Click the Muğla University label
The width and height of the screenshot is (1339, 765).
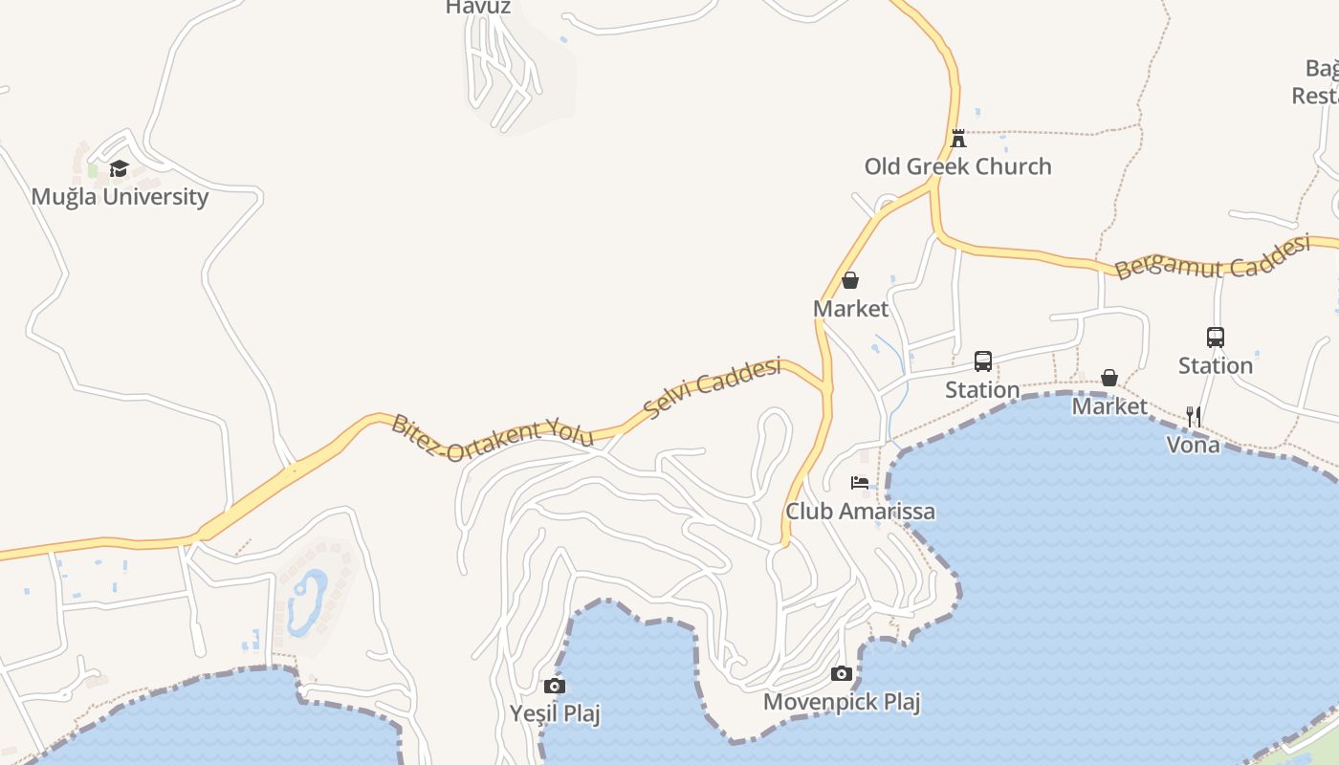coord(120,197)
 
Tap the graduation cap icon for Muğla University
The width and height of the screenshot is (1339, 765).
coord(119,169)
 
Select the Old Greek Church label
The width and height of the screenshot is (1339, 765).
coord(957,166)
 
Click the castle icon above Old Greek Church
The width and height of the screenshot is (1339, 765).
coord(958,138)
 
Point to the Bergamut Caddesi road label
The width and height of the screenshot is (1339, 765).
coord(1212,256)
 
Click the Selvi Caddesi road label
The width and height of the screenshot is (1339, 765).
coord(713,387)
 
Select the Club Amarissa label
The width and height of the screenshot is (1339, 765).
coord(860,512)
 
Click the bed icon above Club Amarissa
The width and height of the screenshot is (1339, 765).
coord(860,483)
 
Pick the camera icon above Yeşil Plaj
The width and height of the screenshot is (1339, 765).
coord(554,686)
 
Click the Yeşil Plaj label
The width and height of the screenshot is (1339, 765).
coord(555,713)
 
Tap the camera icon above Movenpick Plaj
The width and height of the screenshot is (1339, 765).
coord(842,674)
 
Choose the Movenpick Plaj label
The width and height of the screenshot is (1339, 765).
coord(842,703)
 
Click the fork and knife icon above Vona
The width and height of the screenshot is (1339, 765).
coord(1194,416)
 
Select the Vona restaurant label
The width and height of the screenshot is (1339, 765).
coord(1193,444)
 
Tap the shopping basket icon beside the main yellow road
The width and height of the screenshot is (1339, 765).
coord(849,280)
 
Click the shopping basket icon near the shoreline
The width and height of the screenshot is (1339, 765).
coord(1109,378)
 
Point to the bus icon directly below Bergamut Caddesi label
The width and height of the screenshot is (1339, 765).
coord(1216,338)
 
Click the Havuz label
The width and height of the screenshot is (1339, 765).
coord(478,8)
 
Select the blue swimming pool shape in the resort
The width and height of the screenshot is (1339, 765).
coord(307,602)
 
